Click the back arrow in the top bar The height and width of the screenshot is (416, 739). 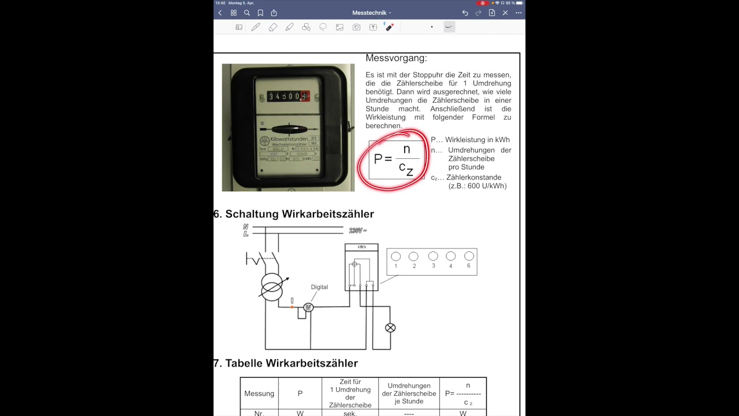[220, 13]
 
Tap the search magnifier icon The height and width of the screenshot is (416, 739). [247, 13]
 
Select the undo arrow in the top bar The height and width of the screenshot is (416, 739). [465, 13]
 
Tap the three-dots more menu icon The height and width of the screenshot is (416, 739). [518, 13]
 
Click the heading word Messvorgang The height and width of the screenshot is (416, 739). [396, 58]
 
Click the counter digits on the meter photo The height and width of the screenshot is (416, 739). [288, 96]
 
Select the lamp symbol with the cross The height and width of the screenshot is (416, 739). [390, 328]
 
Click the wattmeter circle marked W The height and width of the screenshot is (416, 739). [308, 307]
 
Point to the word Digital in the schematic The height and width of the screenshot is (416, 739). [319, 287]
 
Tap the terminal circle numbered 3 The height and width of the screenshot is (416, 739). [433, 257]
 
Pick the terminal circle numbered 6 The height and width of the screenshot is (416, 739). [469, 257]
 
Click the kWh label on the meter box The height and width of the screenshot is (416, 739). [361, 247]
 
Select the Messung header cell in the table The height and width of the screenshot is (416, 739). [259, 393]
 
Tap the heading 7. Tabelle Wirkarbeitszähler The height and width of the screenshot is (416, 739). [286, 363]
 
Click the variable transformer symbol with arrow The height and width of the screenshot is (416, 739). [271, 286]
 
